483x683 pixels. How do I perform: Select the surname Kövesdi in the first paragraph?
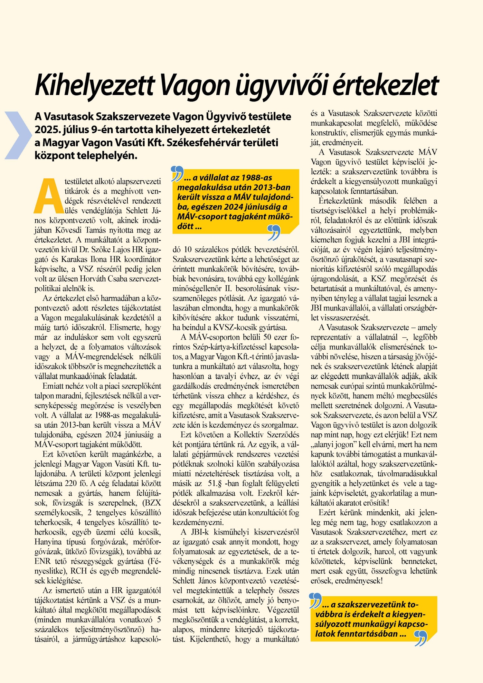pyautogui.click(x=68, y=230)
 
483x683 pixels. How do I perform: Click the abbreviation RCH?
pyautogui.click(x=79, y=571)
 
